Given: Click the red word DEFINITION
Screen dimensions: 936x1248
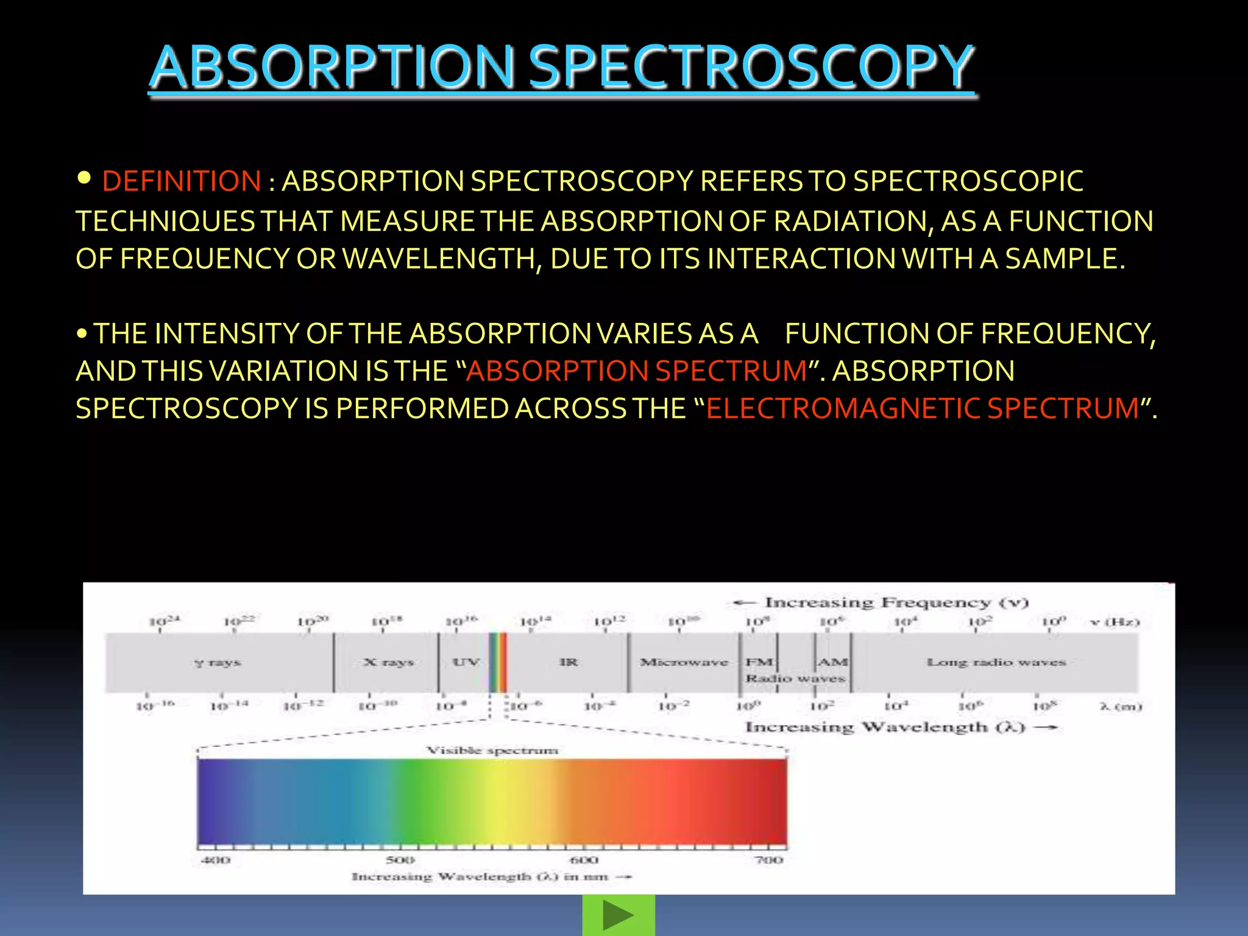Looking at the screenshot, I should pos(182,182).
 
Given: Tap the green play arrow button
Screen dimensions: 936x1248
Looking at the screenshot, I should pos(619,915).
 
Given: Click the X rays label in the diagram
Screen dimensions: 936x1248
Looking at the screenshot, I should pos(388,662).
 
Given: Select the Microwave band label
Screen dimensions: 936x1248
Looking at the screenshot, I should pos(684,662).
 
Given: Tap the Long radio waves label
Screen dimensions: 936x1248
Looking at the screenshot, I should pos(996,662).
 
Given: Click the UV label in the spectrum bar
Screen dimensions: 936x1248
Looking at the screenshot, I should pos(466,662).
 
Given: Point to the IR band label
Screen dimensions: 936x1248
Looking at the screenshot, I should pos(568,662).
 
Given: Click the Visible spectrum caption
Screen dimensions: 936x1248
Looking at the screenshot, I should pos(492,750).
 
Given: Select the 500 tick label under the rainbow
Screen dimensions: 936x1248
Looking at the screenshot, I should pos(400,860).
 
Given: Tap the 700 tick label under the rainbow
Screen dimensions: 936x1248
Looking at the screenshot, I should pos(769,860).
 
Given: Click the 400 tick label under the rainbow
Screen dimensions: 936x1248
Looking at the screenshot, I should pos(216,860).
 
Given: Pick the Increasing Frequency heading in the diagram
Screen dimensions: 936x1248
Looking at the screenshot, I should pos(896,603).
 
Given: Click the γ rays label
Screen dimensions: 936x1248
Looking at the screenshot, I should pos(218,662).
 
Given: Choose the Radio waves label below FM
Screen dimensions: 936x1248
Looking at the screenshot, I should pos(795,678).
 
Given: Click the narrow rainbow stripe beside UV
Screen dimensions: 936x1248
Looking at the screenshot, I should pos(497,662).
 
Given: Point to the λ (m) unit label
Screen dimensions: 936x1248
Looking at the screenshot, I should pos(1120,706).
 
